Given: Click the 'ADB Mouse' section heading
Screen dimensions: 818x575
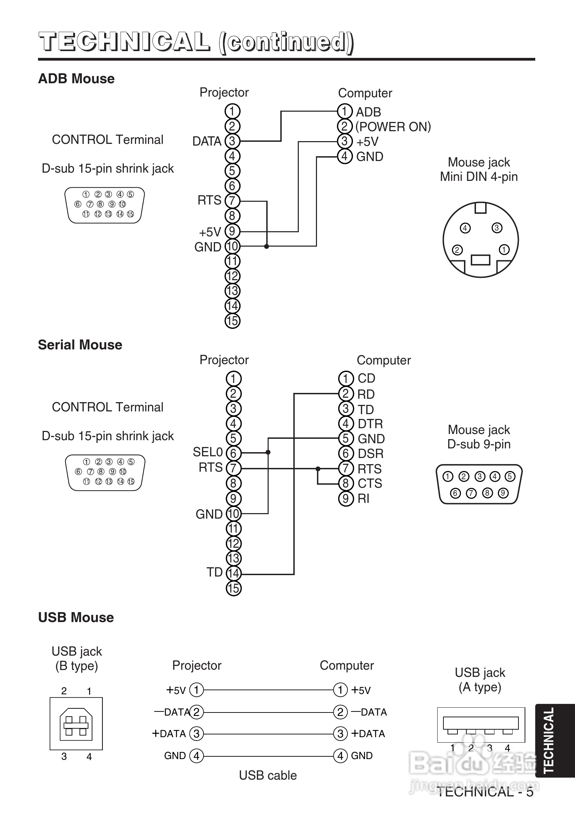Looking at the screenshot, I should click(76, 79).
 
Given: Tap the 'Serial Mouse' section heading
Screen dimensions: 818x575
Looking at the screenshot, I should click(80, 345).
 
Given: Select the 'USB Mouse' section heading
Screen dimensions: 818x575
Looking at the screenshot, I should click(76, 617).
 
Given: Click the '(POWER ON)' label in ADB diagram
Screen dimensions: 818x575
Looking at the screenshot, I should click(393, 127).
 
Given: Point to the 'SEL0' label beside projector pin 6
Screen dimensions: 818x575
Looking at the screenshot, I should click(207, 452).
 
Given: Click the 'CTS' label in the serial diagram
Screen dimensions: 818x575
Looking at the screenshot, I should click(370, 483).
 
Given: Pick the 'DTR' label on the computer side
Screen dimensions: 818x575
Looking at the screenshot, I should click(370, 424).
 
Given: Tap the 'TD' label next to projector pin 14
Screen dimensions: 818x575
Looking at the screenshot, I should click(215, 572).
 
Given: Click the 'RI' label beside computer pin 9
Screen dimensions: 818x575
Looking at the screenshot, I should click(364, 498).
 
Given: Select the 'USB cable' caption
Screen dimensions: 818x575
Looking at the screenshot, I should click(268, 775).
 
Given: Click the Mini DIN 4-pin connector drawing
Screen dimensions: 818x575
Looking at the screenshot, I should click(480, 240).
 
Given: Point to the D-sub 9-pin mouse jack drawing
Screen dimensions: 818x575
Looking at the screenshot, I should click(479, 484).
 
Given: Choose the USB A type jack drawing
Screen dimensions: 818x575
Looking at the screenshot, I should click(481, 725).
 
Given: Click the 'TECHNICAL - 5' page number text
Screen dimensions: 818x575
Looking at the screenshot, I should click(485, 792).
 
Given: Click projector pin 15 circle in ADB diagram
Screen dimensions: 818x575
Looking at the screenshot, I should click(232, 321).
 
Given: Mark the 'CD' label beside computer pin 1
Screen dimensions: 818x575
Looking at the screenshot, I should click(366, 379).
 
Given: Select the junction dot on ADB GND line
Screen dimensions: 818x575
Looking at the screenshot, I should click(266, 246).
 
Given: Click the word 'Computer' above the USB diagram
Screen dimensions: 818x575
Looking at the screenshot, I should click(346, 665).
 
